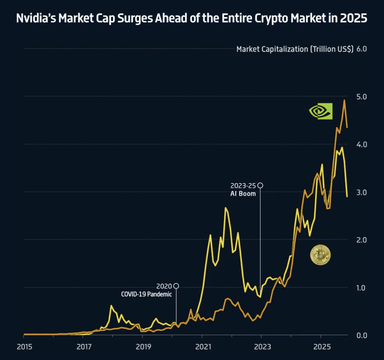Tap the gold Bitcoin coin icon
pos(320,255)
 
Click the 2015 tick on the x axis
pos(24,347)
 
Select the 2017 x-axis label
pos(83,347)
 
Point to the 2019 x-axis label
pos(143,347)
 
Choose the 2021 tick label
pos(202,347)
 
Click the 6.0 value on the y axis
pos(362,49)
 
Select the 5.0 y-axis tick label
pos(362,97)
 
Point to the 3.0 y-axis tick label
pos(362,192)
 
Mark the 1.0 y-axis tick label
pos(362,287)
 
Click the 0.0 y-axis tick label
pos(362,335)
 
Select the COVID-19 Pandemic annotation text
pos(147,294)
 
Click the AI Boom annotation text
pos(243,194)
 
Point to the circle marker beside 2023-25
pos(261,186)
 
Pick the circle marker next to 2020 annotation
pos(176,286)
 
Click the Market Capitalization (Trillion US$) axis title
pos(294,49)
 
